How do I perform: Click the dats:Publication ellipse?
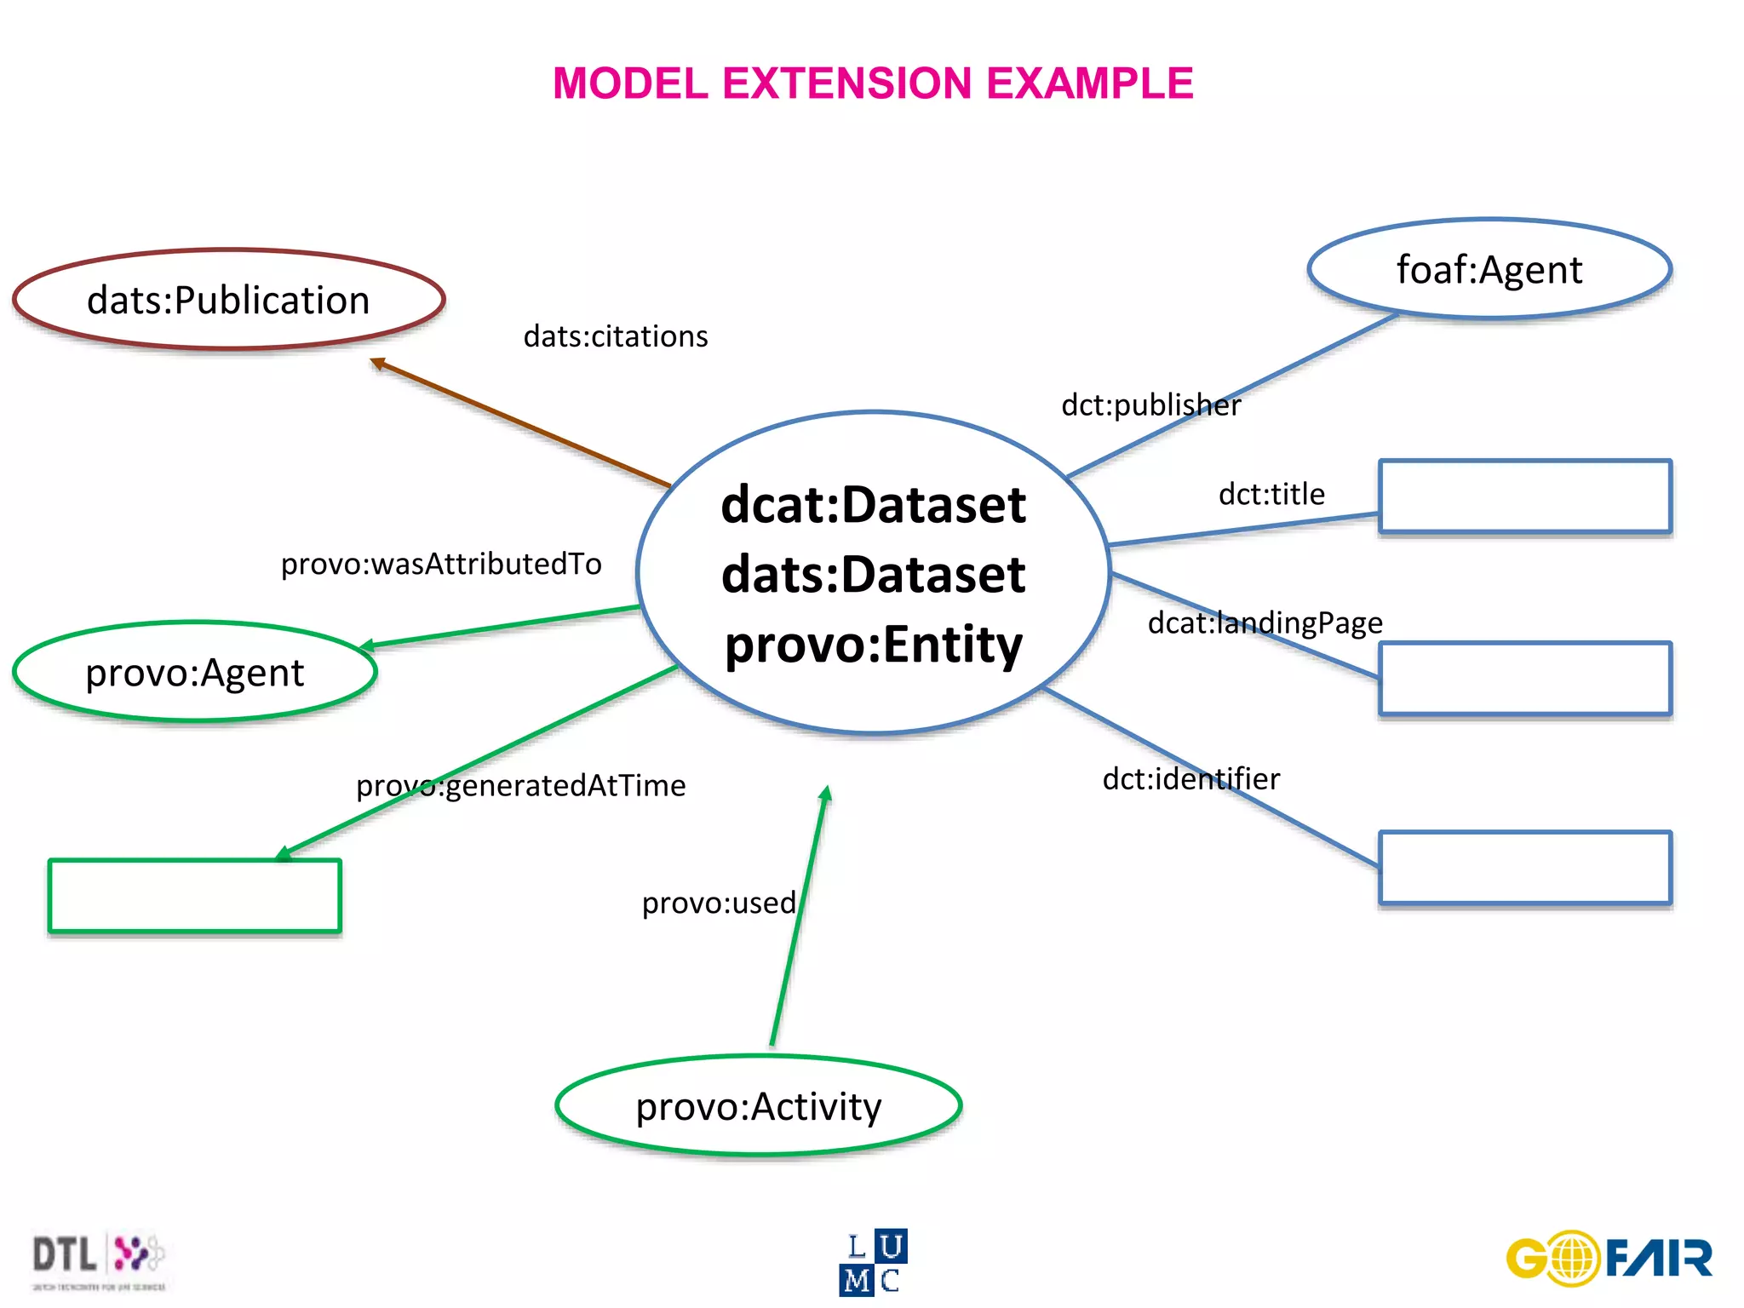pyautogui.click(x=228, y=300)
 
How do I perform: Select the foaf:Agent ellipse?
pyautogui.click(x=1489, y=269)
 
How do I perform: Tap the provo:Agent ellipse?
pyautogui.click(x=194, y=673)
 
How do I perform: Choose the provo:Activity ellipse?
pyautogui.click(x=758, y=1106)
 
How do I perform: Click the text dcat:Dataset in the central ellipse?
pyautogui.click(x=873, y=504)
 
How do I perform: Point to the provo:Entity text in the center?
pyautogui.click(x=873, y=644)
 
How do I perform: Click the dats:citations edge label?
pyautogui.click(x=615, y=336)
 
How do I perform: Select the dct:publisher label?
pyautogui.click(x=1150, y=404)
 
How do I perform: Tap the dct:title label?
pyautogui.click(x=1271, y=494)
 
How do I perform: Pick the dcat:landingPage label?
pyautogui.click(x=1265, y=622)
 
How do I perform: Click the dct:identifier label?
pyautogui.click(x=1190, y=778)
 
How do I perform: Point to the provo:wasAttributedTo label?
pyautogui.click(x=441, y=564)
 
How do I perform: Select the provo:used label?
pyautogui.click(x=719, y=903)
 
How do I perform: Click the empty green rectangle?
pyautogui.click(x=195, y=896)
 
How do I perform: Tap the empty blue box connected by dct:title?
pyautogui.click(x=1524, y=496)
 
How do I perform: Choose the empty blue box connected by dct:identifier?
pyautogui.click(x=1524, y=868)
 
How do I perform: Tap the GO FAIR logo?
pyautogui.click(x=1609, y=1258)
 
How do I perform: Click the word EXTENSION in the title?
pyautogui.click(x=846, y=83)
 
